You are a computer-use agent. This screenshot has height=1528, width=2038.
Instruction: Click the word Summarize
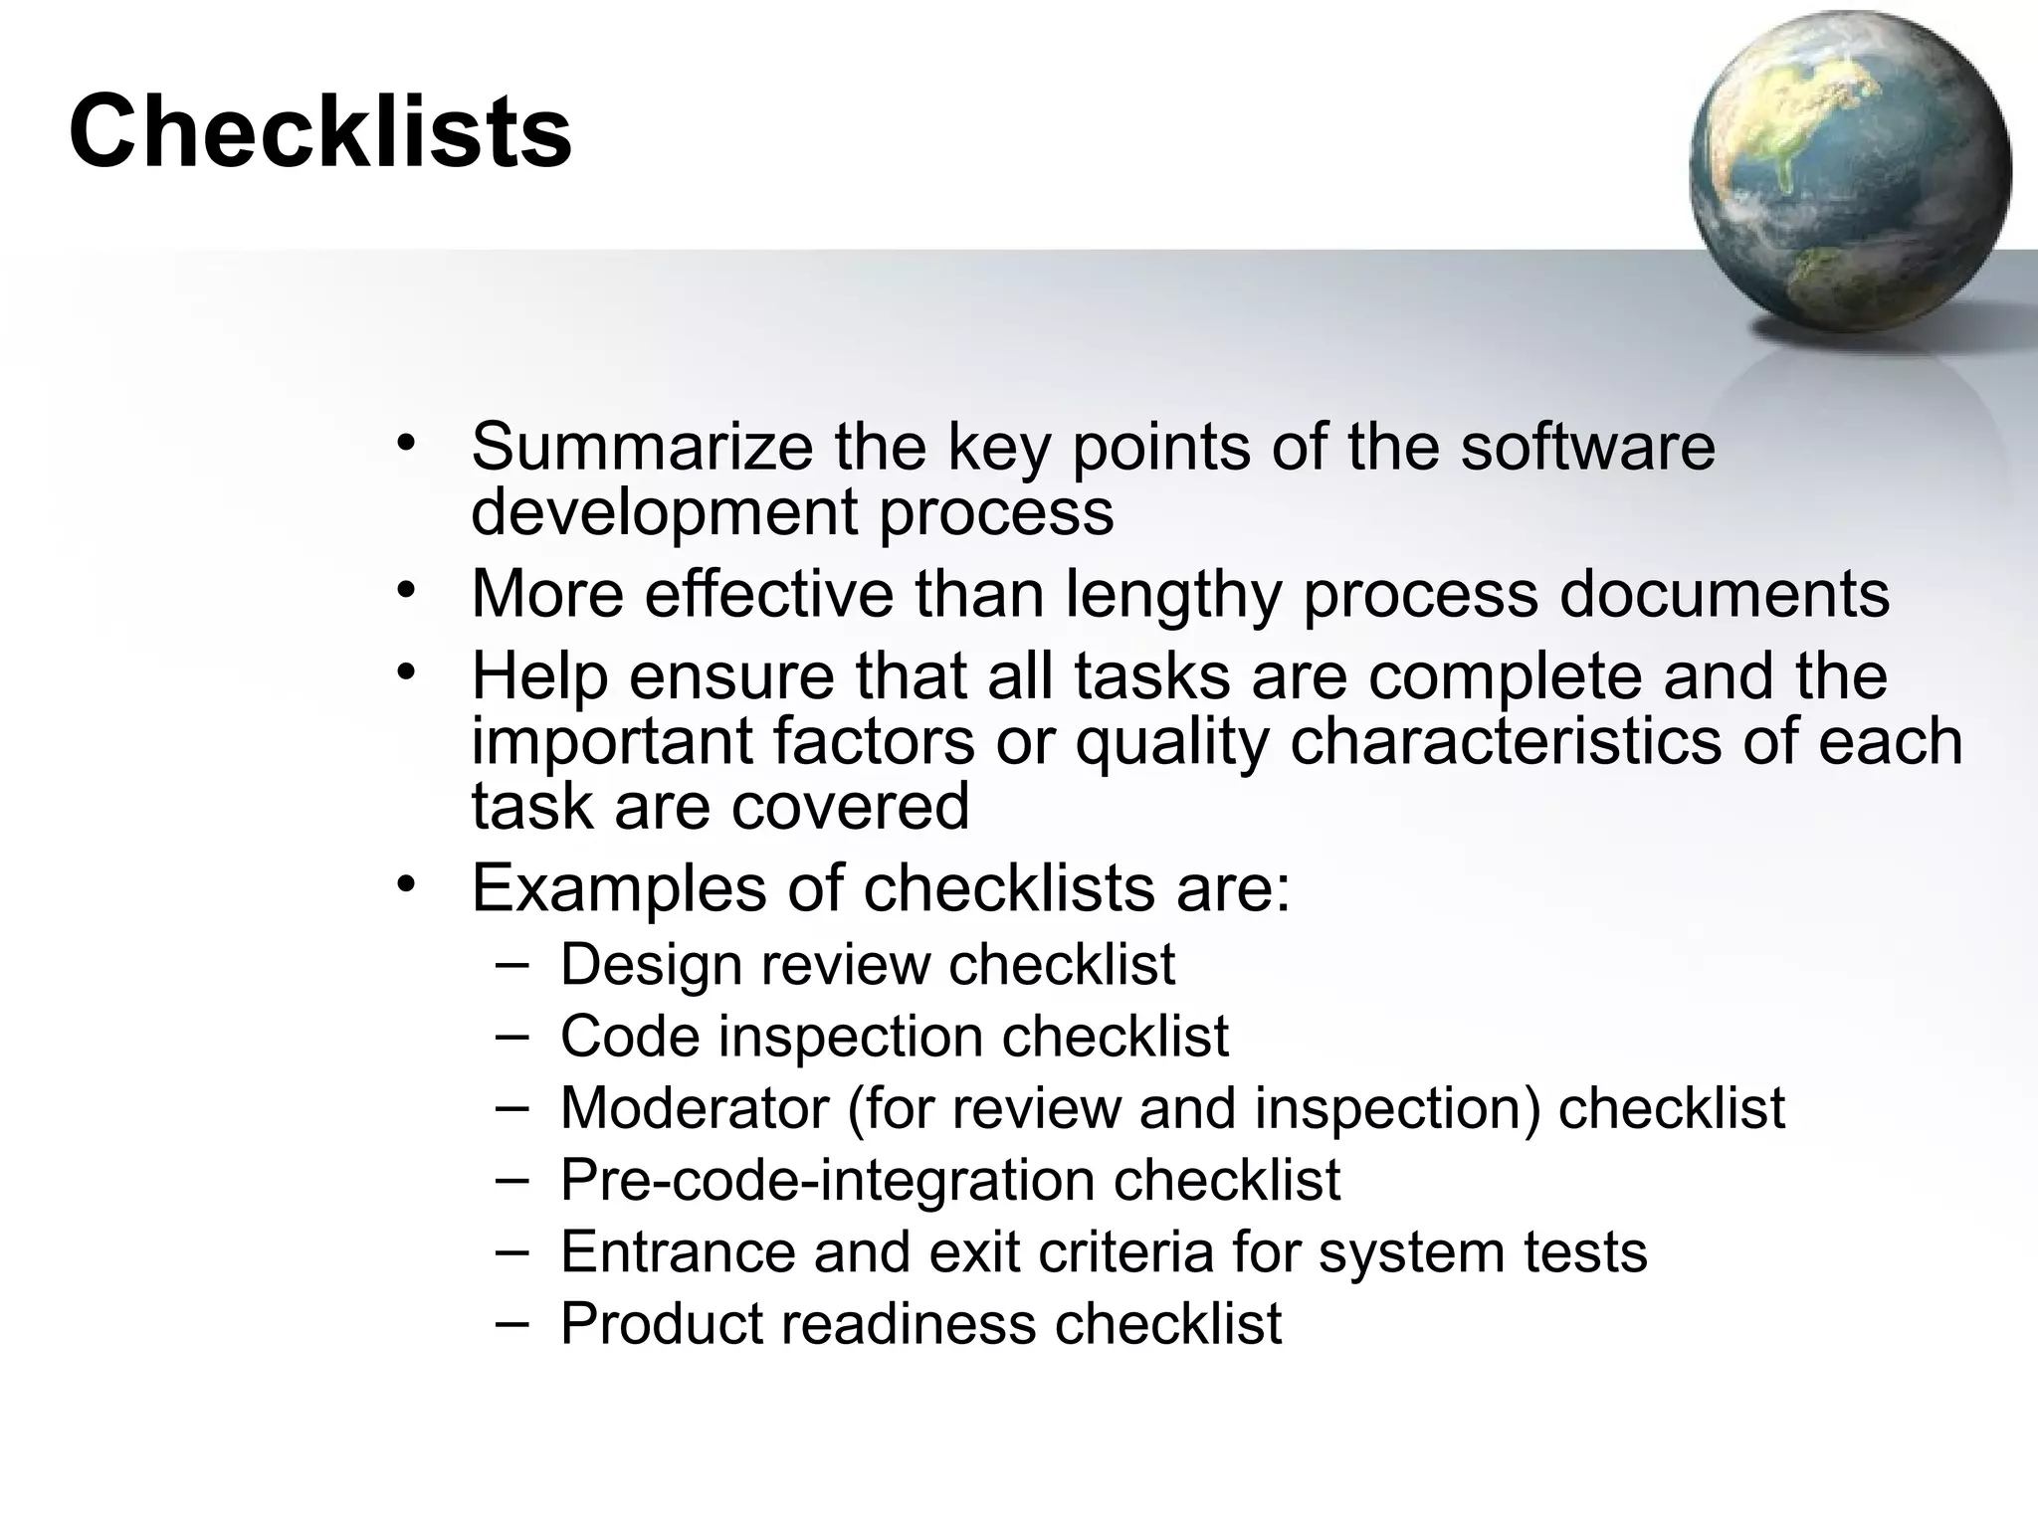(x=642, y=447)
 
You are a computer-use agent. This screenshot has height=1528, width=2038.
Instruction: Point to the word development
(x=664, y=513)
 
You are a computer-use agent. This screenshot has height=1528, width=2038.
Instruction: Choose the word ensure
(x=731, y=676)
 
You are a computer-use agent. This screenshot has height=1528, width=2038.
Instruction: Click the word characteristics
(x=1505, y=741)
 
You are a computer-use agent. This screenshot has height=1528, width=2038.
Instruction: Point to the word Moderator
(x=695, y=1107)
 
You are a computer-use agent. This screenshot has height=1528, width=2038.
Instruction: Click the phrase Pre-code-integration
(x=828, y=1180)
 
